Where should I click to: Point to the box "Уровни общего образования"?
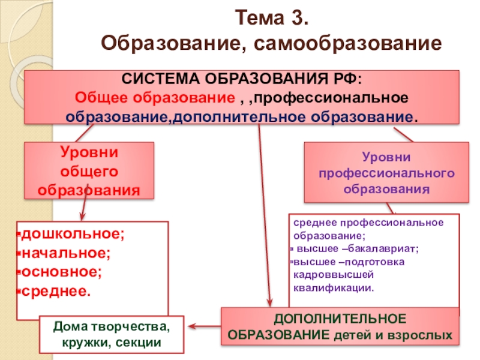pyautogui.click(x=89, y=170)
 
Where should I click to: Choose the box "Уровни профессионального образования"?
pyautogui.click(x=386, y=173)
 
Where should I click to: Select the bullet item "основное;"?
pyautogui.click(x=62, y=271)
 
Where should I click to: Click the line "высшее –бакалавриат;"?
pyautogui.click(x=355, y=249)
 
